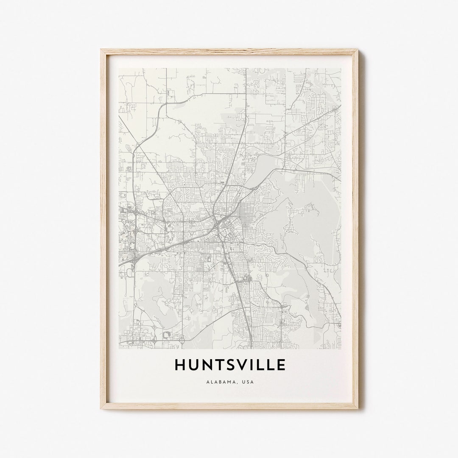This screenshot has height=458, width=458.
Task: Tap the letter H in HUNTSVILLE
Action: tap(180, 365)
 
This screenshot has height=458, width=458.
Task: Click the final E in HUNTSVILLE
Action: tap(281, 365)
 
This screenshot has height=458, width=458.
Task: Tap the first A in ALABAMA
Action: tap(207, 382)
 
